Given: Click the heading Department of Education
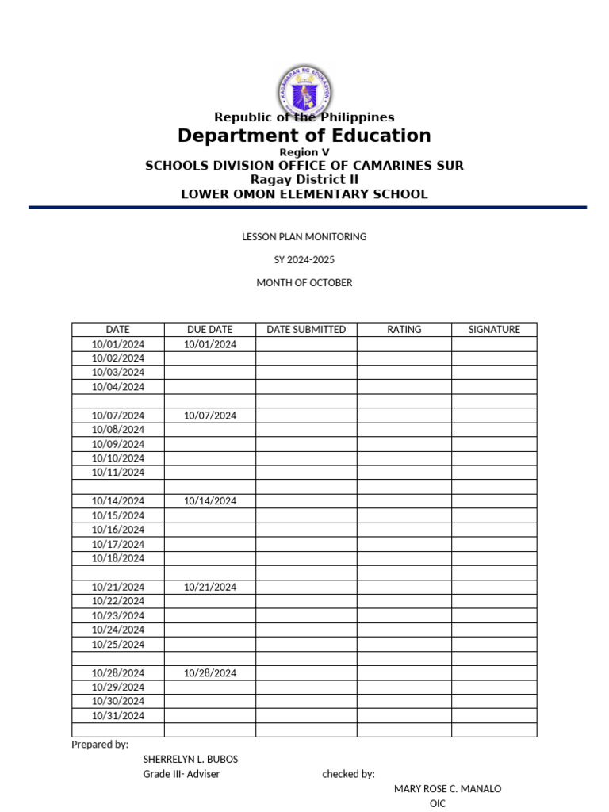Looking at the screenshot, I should pyautogui.click(x=304, y=136).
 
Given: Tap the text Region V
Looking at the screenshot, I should pyautogui.click(x=304, y=152).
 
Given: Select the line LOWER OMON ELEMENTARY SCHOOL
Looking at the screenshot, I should pyautogui.click(x=304, y=193).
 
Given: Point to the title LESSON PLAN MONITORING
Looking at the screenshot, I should pyautogui.click(x=304, y=236).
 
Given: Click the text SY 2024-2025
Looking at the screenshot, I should pyautogui.click(x=304, y=259).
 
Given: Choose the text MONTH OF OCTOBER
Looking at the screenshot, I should pyautogui.click(x=304, y=282).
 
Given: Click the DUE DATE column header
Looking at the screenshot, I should pyautogui.click(x=209, y=329).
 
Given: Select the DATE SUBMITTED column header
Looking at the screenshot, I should pyautogui.click(x=306, y=329).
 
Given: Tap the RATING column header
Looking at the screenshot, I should pyautogui.click(x=404, y=329).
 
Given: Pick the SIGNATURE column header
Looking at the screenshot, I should pyautogui.click(x=494, y=329).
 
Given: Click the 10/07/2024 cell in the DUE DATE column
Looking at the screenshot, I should pyautogui.click(x=209, y=416).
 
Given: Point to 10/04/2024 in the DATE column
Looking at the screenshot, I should pyautogui.click(x=118, y=387).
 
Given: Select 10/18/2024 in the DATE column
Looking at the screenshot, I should pyautogui.click(x=118, y=558).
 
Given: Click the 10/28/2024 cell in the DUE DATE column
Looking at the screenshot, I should pyautogui.click(x=209, y=672).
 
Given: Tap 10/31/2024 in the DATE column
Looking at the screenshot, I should pyautogui.click(x=118, y=715).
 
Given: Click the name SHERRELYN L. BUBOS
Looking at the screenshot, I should pyautogui.click(x=190, y=759).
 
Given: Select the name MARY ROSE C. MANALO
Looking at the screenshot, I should pyautogui.click(x=447, y=788).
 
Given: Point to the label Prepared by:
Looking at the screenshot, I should pyautogui.click(x=100, y=745).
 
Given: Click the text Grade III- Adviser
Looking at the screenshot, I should pyautogui.click(x=182, y=774).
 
